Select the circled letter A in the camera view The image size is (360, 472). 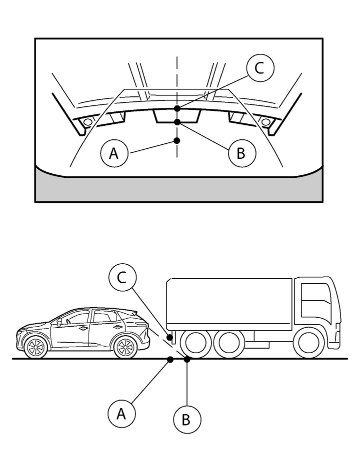114,153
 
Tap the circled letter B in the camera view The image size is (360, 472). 241,153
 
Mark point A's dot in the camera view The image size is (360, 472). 177,140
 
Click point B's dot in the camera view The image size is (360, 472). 177,122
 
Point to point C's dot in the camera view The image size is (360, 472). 177,108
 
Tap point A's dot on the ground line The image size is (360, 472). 170,359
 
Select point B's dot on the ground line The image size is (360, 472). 186,359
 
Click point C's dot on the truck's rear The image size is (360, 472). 170,338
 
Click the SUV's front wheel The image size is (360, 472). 36,347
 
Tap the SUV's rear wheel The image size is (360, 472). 125,347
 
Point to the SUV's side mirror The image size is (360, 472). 60,322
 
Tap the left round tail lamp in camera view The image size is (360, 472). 88,122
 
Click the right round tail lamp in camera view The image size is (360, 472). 265,122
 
